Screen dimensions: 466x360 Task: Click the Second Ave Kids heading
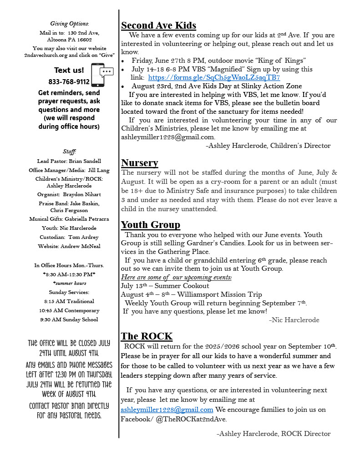click(158, 25)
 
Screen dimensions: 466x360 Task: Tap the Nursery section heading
click(139, 163)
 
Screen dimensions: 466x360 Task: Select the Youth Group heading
click(150, 225)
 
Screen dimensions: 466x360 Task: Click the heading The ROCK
click(147, 336)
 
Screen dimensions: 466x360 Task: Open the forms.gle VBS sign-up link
click(214, 77)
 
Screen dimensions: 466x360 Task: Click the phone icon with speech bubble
click(102, 75)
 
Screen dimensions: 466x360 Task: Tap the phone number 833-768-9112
click(69, 82)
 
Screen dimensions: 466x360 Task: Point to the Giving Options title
click(69, 24)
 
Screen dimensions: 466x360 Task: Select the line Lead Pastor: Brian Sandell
click(69, 161)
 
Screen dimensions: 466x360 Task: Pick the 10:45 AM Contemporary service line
click(69, 310)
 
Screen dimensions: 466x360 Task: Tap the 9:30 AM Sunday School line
click(69, 319)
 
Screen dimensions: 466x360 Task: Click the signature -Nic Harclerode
click(294, 320)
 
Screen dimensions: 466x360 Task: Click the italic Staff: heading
click(69, 151)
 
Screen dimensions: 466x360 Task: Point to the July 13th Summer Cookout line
click(165, 286)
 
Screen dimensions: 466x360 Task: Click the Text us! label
click(69, 70)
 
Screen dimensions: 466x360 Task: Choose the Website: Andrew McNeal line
click(69, 246)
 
